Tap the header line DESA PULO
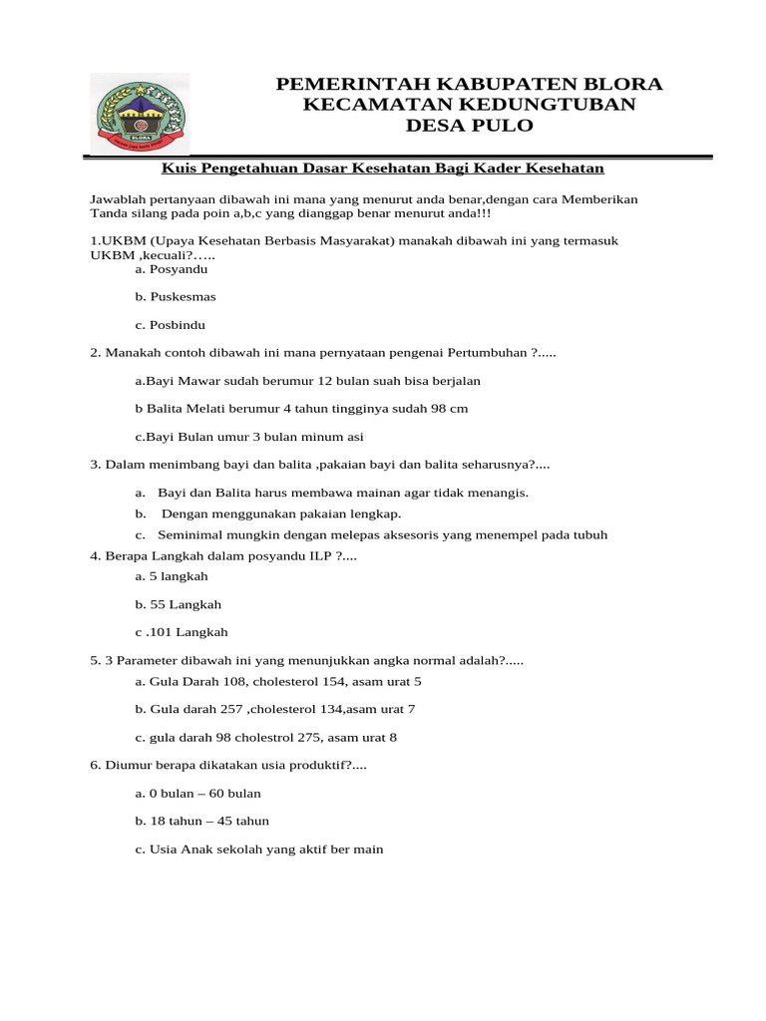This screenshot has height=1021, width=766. click(469, 125)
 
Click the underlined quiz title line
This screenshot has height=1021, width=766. click(384, 169)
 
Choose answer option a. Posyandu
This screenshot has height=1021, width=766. click(171, 269)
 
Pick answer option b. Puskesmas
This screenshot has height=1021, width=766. click(175, 297)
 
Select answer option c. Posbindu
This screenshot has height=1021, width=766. click(171, 325)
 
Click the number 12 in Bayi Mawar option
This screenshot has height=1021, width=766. click(324, 381)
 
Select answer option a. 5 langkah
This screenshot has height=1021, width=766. click(171, 576)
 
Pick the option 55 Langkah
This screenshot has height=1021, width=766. click(178, 604)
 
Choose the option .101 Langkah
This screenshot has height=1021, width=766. click(182, 632)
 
